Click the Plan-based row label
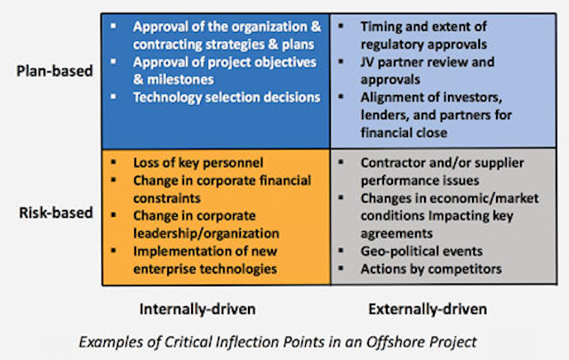click(54, 71)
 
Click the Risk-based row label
click(56, 212)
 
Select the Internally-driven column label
click(197, 309)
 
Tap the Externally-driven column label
click(428, 309)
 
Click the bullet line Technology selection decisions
click(227, 98)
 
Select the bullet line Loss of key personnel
click(198, 163)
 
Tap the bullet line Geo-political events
click(421, 252)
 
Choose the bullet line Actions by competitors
click(431, 269)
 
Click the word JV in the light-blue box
click(367, 62)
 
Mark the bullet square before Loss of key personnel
click(114, 162)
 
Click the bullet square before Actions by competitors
click(341, 268)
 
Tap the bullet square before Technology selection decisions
click(114, 97)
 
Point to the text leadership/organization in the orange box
click(206, 234)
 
